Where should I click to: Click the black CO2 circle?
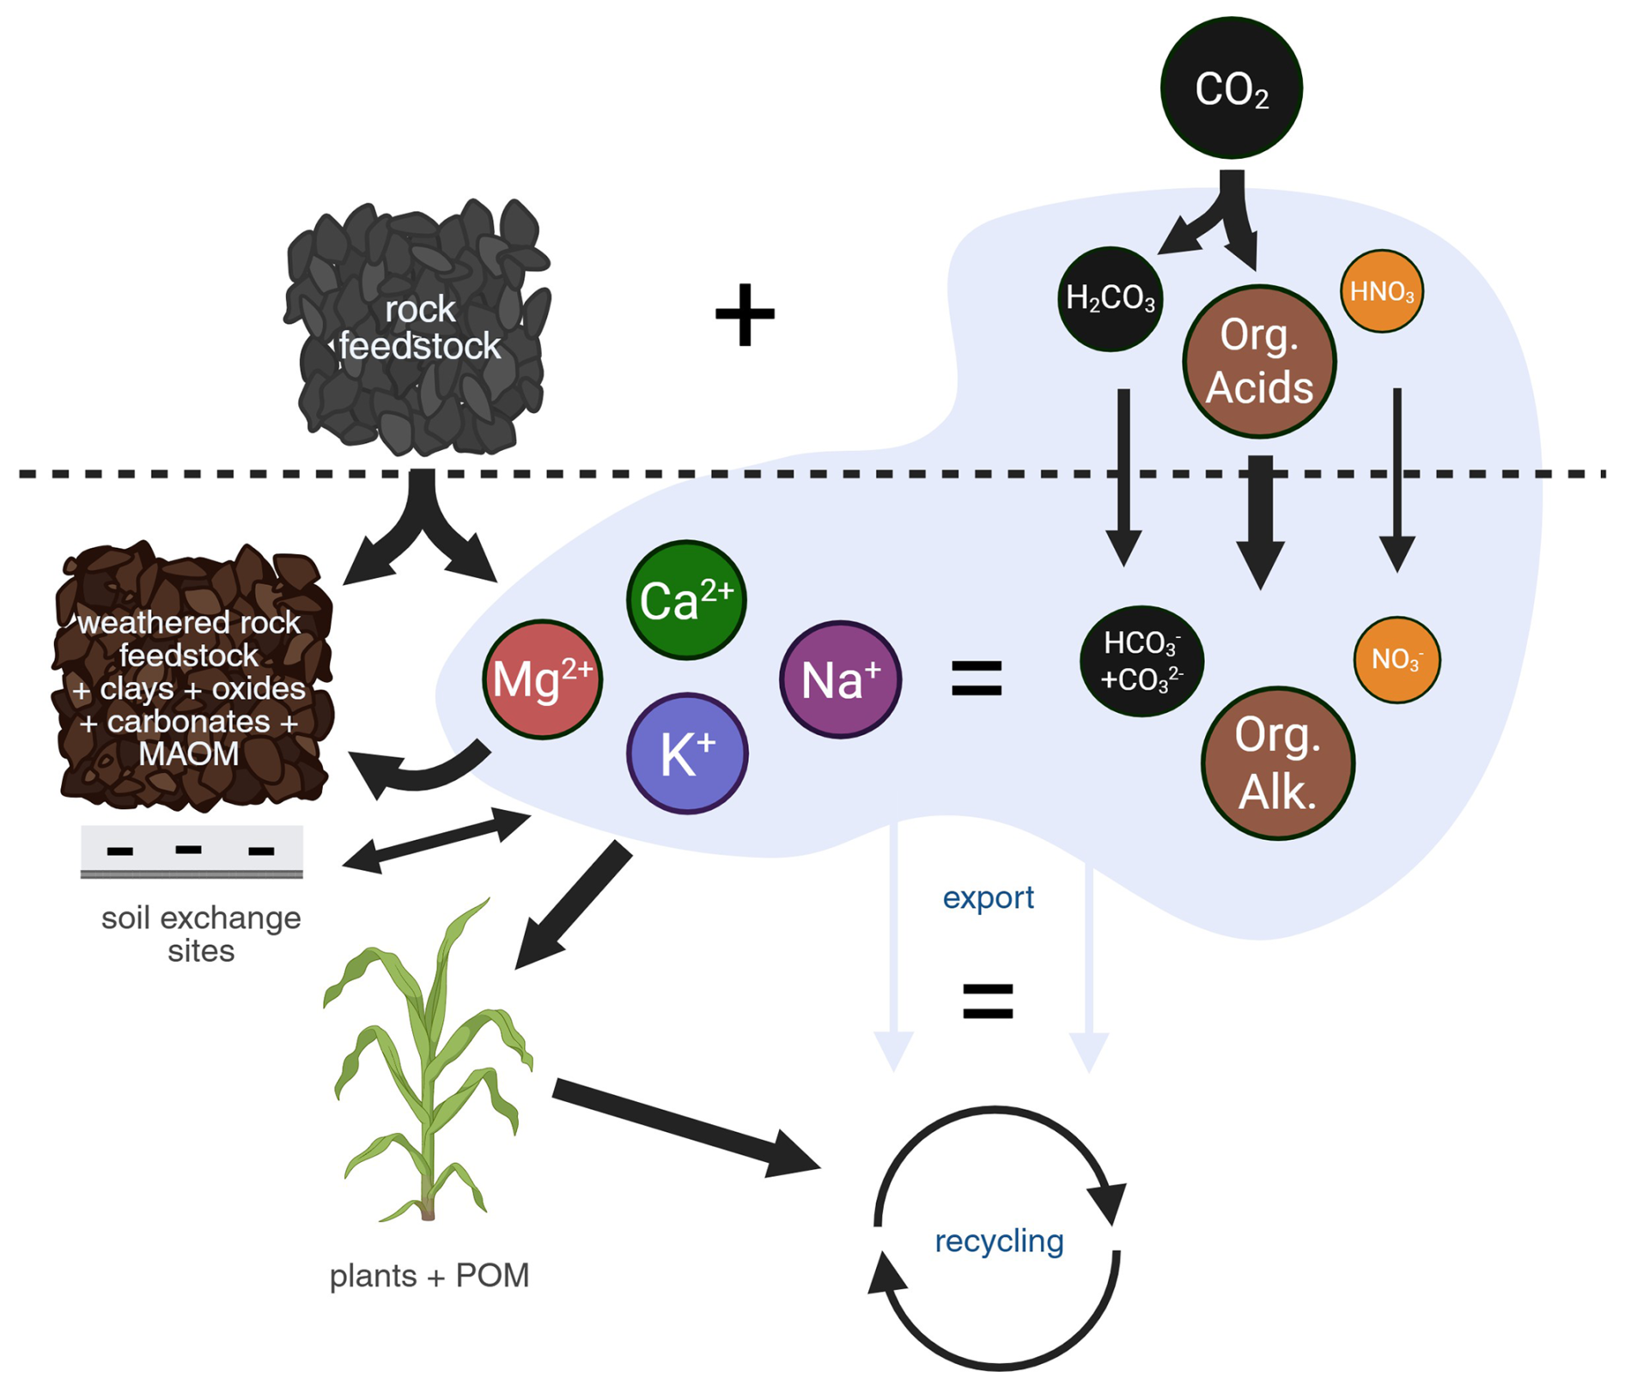click(x=1231, y=88)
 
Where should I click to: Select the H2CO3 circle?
click(x=1110, y=298)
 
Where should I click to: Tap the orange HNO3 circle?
click(x=1381, y=291)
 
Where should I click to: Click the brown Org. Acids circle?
click(x=1259, y=362)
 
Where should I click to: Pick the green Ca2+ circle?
click(x=686, y=600)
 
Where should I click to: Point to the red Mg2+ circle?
click(x=542, y=679)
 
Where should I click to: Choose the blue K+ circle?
click(x=687, y=753)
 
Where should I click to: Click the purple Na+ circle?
click(x=840, y=679)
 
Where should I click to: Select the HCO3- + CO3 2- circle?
click(x=1141, y=661)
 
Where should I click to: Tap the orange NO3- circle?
click(x=1397, y=660)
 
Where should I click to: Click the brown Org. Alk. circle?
click(x=1277, y=763)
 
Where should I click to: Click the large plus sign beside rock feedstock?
click(x=745, y=315)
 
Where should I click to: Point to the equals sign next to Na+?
click(x=977, y=679)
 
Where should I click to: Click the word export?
click(x=988, y=898)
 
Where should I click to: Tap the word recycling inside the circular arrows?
click(x=999, y=1240)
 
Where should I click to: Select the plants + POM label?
click(x=429, y=1275)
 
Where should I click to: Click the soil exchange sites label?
click(x=201, y=934)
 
